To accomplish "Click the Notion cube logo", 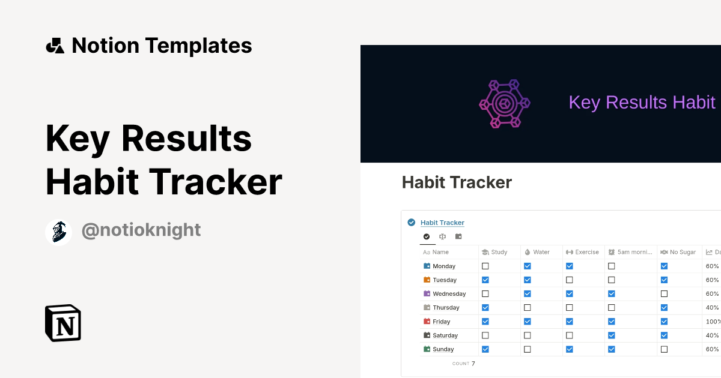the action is pyautogui.click(x=63, y=323).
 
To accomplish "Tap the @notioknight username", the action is pyautogui.click(x=141, y=230).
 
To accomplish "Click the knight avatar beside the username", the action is pyautogui.click(x=58, y=232).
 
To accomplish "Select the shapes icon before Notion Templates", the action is pyautogui.click(x=55, y=46).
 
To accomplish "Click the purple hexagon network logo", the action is pyautogui.click(x=504, y=103).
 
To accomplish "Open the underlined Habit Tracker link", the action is pyautogui.click(x=442, y=223).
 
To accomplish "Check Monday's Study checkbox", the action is pyautogui.click(x=485, y=266).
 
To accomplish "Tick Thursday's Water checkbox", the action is pyautogui.click(x=528, y=308).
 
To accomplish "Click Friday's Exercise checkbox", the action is pyautogui.click(x=570, y=322).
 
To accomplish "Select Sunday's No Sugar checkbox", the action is pyautogui.click(x=664, y=349).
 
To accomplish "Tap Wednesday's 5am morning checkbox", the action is pyautogui.click(x=612, y=294).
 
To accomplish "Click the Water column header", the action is pyautogui.click(x=537, y=252).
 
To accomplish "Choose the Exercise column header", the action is pyautogui.click(x=582, y=252).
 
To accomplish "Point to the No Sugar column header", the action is pyautogui.click(x=678, y=252).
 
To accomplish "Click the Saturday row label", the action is pyautogui.click(x=445, y=335).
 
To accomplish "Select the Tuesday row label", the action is pyautogui.click(x=445, y=280).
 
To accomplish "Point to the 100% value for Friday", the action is pyautogui.click(x=713, y=322).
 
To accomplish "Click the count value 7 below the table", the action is pyautogui.click(x=473, y=364).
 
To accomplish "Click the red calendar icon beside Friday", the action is pyautogui.click(x=427, y=321).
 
